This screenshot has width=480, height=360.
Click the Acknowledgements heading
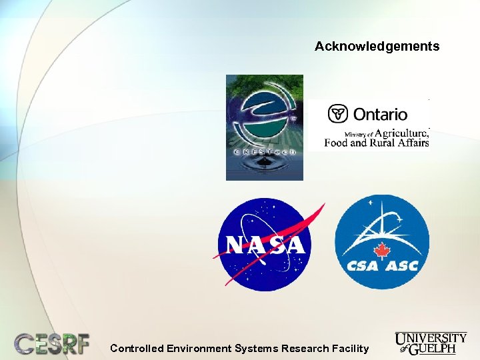tap(377, 47)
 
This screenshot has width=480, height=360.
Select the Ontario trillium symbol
tap(339, 114)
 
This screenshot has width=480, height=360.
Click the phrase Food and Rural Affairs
tap(376, 142)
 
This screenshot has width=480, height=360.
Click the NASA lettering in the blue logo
tap(265, 245)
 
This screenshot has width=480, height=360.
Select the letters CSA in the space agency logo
tap(362, 266)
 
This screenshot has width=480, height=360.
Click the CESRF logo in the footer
tap(53, 343)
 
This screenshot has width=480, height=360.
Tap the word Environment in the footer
tap(199, 348)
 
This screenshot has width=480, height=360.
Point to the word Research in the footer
tap(305, 348)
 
